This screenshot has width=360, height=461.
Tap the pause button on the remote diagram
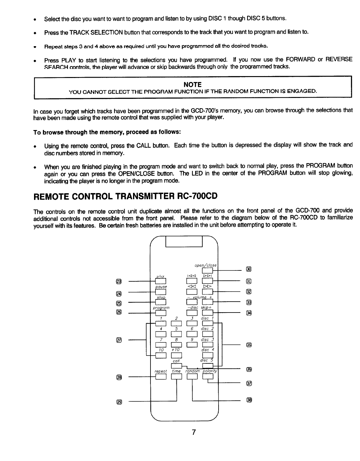click(x=161, y=292)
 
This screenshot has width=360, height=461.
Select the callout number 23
click(x=118, y=282)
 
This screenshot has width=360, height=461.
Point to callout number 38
click(x=249, y=400)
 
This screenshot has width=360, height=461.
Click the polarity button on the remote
click(x=208, y=377)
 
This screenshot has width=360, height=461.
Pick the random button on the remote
click(x=192, y=377)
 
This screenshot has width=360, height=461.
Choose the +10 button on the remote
click(x=176, y=355)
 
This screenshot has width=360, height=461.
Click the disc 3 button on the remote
click(x=208, y=345)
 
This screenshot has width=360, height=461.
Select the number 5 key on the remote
click(x=176, y=334)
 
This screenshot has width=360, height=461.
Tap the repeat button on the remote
click(x=161, y=377)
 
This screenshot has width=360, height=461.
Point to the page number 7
click(x=194, y=432)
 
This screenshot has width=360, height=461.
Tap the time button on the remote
click(x=176, y=377)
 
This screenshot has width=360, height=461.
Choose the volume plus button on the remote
click(x=208, y=303)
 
